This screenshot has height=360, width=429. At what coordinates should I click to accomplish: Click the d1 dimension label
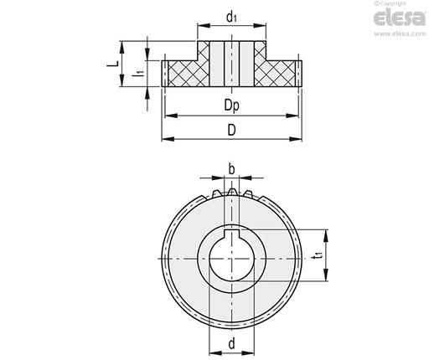(x=231, y=18)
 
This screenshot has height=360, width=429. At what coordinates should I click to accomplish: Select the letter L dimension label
(x=113, y=64)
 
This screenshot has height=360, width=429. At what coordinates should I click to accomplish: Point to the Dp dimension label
(x=232, y=105)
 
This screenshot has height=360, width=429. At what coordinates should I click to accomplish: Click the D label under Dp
(x=231, y=130)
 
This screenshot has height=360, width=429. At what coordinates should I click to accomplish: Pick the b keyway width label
(x=231, y=169)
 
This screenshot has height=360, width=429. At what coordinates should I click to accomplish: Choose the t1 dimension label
(x=318, y=255)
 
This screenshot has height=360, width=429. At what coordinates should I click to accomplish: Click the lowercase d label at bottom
(x=231, y=344)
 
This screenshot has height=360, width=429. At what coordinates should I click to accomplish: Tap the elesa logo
(x=400, y=18)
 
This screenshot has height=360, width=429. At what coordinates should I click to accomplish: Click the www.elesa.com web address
(x=400, y=33)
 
